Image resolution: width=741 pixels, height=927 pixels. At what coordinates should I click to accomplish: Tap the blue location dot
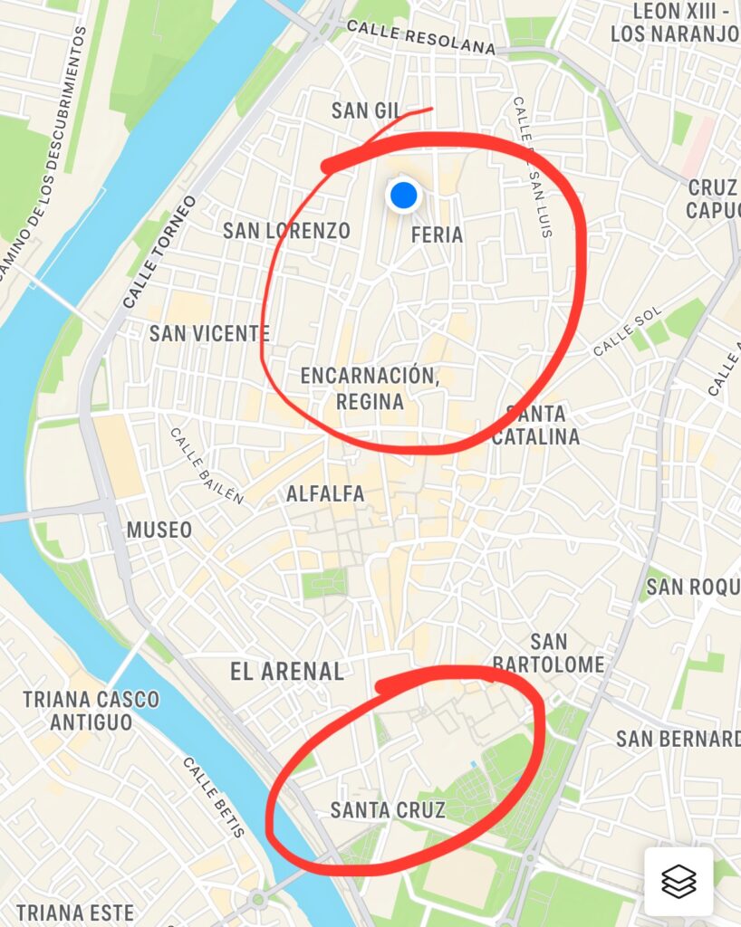(x=403, y=195)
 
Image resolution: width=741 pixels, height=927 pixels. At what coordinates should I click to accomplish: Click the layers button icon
(x=678, y=881)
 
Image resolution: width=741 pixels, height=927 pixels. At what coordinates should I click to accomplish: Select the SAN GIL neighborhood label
(x=366, y=110)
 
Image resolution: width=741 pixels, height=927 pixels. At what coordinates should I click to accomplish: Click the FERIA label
(x=437, y=235)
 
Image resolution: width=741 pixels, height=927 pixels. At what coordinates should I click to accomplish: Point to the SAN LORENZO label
(x=286, y=231)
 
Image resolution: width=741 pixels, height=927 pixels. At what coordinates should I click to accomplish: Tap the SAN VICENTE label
(x=209, y=333)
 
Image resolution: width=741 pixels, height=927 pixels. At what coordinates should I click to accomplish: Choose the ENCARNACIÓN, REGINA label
(x=370, y=387)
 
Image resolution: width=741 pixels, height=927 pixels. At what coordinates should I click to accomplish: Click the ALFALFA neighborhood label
(x=325, y=494)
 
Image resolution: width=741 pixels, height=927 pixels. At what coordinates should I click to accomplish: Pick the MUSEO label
(x=159, y=530)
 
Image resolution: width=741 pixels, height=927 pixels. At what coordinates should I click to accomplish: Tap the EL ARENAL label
(x=287, y=672)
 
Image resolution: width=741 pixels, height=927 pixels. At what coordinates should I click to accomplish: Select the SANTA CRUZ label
(x=388, y=810)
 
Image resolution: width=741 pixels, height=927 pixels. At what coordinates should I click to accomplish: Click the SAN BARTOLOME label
(x=549, y=654)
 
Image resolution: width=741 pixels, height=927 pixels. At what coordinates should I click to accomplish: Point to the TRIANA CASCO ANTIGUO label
(x=91, y=711)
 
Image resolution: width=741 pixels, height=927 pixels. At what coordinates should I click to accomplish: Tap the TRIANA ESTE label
(x=75, y=913)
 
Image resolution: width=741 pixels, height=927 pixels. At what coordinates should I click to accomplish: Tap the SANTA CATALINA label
(x=535, y=425)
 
